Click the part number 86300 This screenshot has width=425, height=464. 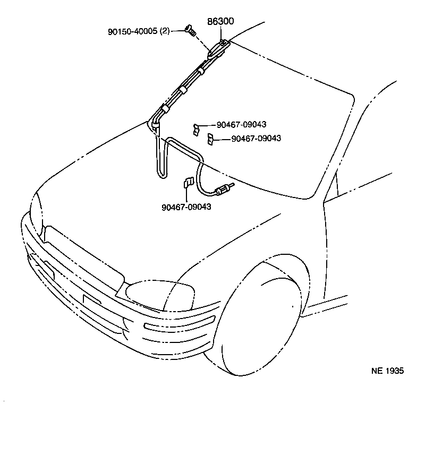coord(219,22)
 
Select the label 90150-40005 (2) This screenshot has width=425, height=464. coord(138,31)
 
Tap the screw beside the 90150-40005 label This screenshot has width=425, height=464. coord(189,30)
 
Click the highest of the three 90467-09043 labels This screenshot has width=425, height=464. coord(241,124)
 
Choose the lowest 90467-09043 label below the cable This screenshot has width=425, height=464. coord(186,207)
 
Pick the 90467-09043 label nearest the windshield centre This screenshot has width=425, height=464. coord(256,138)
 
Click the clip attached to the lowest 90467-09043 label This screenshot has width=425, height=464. coord(187,183)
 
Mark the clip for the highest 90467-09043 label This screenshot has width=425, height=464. coord(197,127)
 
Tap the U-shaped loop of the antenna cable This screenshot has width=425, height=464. coord(161,159)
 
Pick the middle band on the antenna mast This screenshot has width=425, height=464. coord(183,90)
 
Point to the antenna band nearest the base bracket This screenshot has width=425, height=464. coord(202,66)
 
